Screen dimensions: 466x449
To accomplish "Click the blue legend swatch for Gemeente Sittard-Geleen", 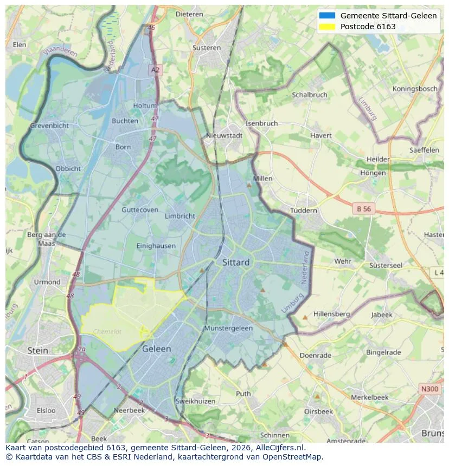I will (327, 16).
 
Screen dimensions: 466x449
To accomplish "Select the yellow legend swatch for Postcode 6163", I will (327, 27).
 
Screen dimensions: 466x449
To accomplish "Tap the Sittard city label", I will (236, 262).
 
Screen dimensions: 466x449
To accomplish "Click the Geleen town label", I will (156, 349).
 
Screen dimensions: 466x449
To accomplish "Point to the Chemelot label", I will (108, 332).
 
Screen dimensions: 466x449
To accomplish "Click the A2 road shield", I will (156, 70).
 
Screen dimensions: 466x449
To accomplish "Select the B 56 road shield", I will (363, 208).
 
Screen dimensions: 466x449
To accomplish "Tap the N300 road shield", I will (429, 389).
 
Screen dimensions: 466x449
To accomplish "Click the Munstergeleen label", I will (228, 329).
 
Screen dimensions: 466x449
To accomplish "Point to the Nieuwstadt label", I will (224, 136).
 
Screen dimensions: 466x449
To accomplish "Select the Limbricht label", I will (179, 216).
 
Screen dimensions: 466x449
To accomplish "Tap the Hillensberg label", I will (331, 314).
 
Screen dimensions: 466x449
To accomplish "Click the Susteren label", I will (206, 48).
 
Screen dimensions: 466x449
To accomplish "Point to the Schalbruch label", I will (310, 94).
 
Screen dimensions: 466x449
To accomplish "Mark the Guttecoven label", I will (140, 210).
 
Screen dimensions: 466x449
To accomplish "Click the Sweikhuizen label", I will (196, 402).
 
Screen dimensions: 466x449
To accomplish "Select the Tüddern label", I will (304, 211).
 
